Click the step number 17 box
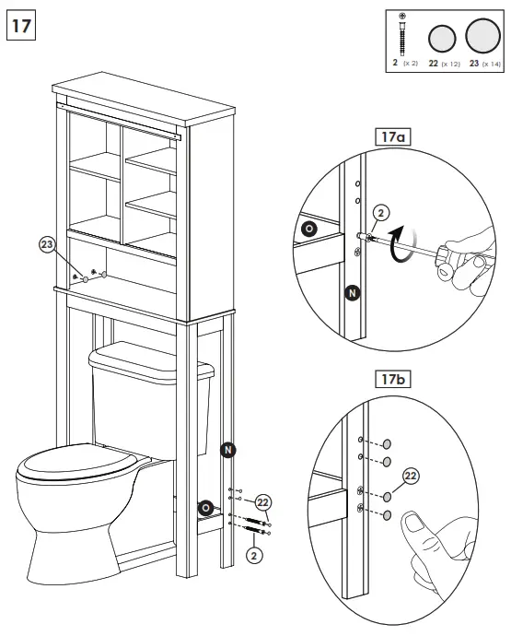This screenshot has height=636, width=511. click(x=22, y=24)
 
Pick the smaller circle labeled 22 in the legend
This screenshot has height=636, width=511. click(x=443, y=39)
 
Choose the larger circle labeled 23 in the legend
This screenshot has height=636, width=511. click(x=482, y=37)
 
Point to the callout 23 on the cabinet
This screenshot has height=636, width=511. click(x=48, y=244)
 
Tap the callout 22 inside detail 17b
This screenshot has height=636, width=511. click(x=411, y=476)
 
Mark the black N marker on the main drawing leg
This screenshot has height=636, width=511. click(x=227, y=449)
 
